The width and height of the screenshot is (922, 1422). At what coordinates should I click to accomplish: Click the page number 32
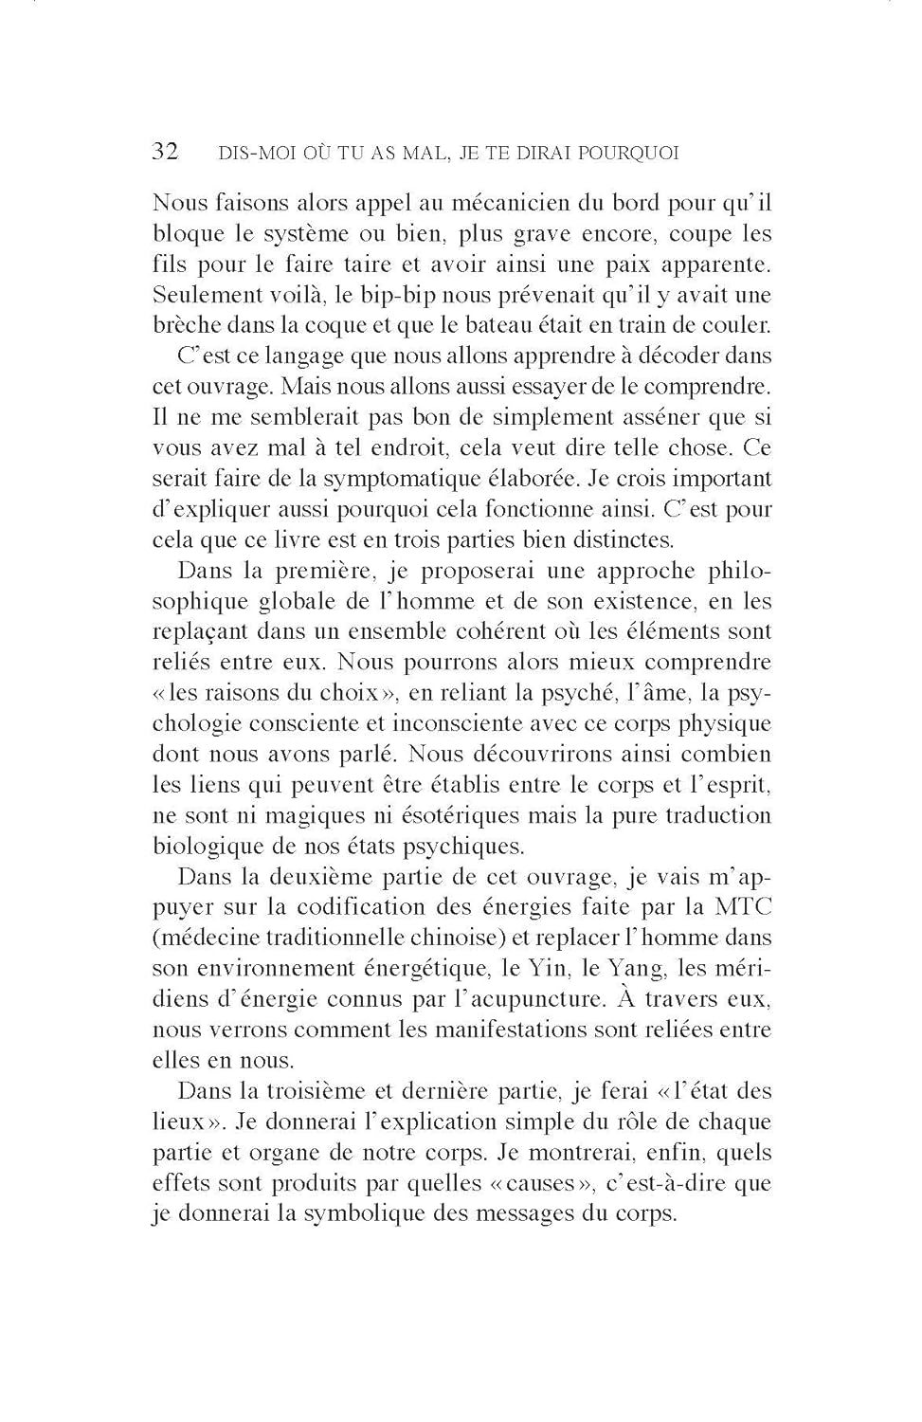165,152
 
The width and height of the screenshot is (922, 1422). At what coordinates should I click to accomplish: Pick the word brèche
184,325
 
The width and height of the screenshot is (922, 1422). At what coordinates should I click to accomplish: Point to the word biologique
208,847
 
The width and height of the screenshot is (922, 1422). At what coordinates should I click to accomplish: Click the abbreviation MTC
742,907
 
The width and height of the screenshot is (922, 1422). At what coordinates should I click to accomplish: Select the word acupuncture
535,999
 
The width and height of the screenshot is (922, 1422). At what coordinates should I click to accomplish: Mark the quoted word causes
540,1183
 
